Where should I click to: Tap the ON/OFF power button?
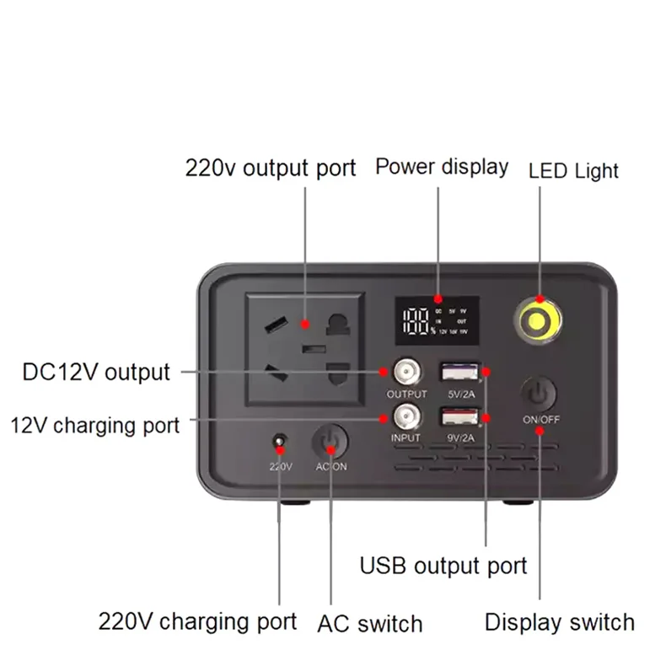pyautogui.click(x=539, y=395)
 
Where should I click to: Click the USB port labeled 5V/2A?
pyautogui.click(x=459, y=371)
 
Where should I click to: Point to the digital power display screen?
pyautogui.click(x=438, y=320)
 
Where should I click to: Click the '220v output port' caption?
pyautogui.click(x=271, y=167)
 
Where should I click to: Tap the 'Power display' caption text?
pyautogui.click(x=442, y=165)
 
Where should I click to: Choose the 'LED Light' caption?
pyautogui.click(x=573, y=170)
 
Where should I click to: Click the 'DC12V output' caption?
pyautogui.click(x=96, y=372)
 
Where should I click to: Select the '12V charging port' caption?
pyautogui.click(x=94, y=424)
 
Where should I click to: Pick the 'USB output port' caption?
pyautogui.click(x=443, y=565)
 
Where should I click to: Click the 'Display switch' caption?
pyautogui.click(x=559, y=622)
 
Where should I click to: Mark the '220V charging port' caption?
pyautogui.click(x=197, y=622)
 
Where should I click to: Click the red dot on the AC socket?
pyautogui.click(x=305, y=325)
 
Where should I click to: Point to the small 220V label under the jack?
pyautogui.click(x=279, y=466)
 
